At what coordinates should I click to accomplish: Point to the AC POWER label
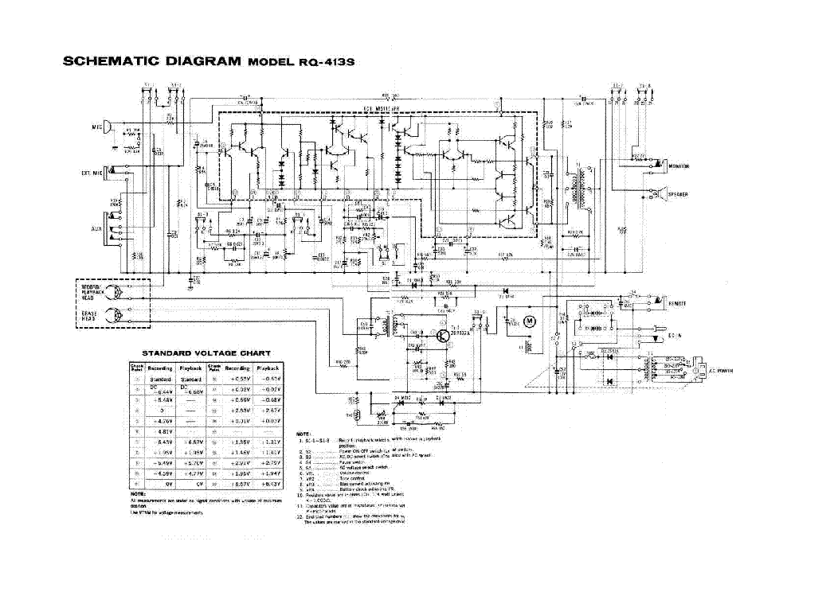720,371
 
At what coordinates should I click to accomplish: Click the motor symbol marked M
535,321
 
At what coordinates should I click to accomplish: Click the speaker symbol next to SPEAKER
661,193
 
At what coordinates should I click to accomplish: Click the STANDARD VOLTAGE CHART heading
206,352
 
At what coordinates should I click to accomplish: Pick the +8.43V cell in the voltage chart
271,484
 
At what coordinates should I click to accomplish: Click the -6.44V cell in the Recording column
163,390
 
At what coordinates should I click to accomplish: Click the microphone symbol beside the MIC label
117,127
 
